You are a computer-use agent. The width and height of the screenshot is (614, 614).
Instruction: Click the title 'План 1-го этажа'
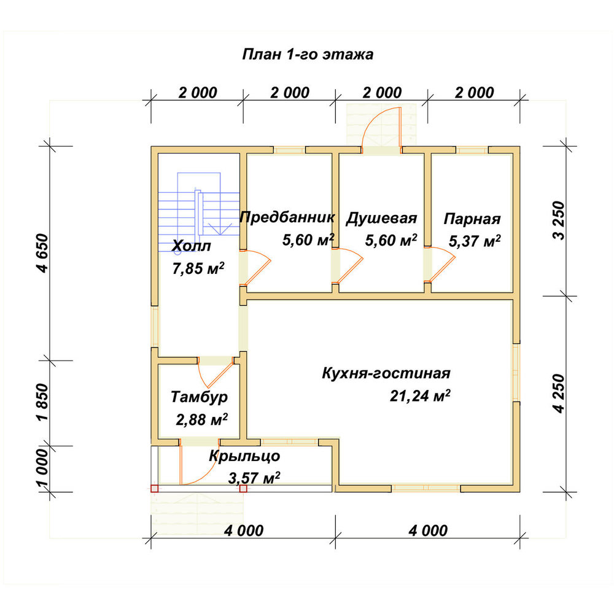pyautogui.click(x=308, y=55)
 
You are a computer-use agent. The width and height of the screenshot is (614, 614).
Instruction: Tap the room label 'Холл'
pyautogui.click(x=191, y=246)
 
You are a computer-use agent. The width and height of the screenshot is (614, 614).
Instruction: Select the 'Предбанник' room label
pyautogui.click(x=287, y=217)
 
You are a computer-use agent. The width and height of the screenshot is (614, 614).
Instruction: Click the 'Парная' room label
pyautogui.click(x=472, y=219)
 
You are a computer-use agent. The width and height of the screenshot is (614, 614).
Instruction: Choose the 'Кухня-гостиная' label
pyautogui.click(x=386, y=373)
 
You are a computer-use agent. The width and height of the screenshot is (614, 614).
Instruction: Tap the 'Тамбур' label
pyautogui.click(x=200, y=397)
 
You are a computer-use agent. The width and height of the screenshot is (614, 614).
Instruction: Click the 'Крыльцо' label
pyautogui.click(x=244, y=456)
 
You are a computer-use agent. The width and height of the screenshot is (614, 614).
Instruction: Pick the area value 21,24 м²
pyautogui.click(x=420, y=396)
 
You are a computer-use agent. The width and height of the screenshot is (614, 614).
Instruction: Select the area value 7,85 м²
pyautogui.click(x=198, y=268)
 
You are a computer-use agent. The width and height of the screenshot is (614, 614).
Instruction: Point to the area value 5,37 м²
pyautogui.click(x=475, y=241)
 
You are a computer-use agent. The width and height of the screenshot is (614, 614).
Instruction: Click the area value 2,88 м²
pyautogui.click(x=201, y=420)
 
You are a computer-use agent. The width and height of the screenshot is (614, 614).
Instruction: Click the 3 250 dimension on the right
pyautogui.click(x=559, y=220)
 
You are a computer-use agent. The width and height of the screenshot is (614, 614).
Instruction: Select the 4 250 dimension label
pyautogui.click(x=559, y=394)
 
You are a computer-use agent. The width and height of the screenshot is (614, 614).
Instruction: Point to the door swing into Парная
pyautogui.click(x=441, y=264)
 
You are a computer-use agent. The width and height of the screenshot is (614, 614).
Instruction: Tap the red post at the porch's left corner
pyautogui.click(x=154, y=488)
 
